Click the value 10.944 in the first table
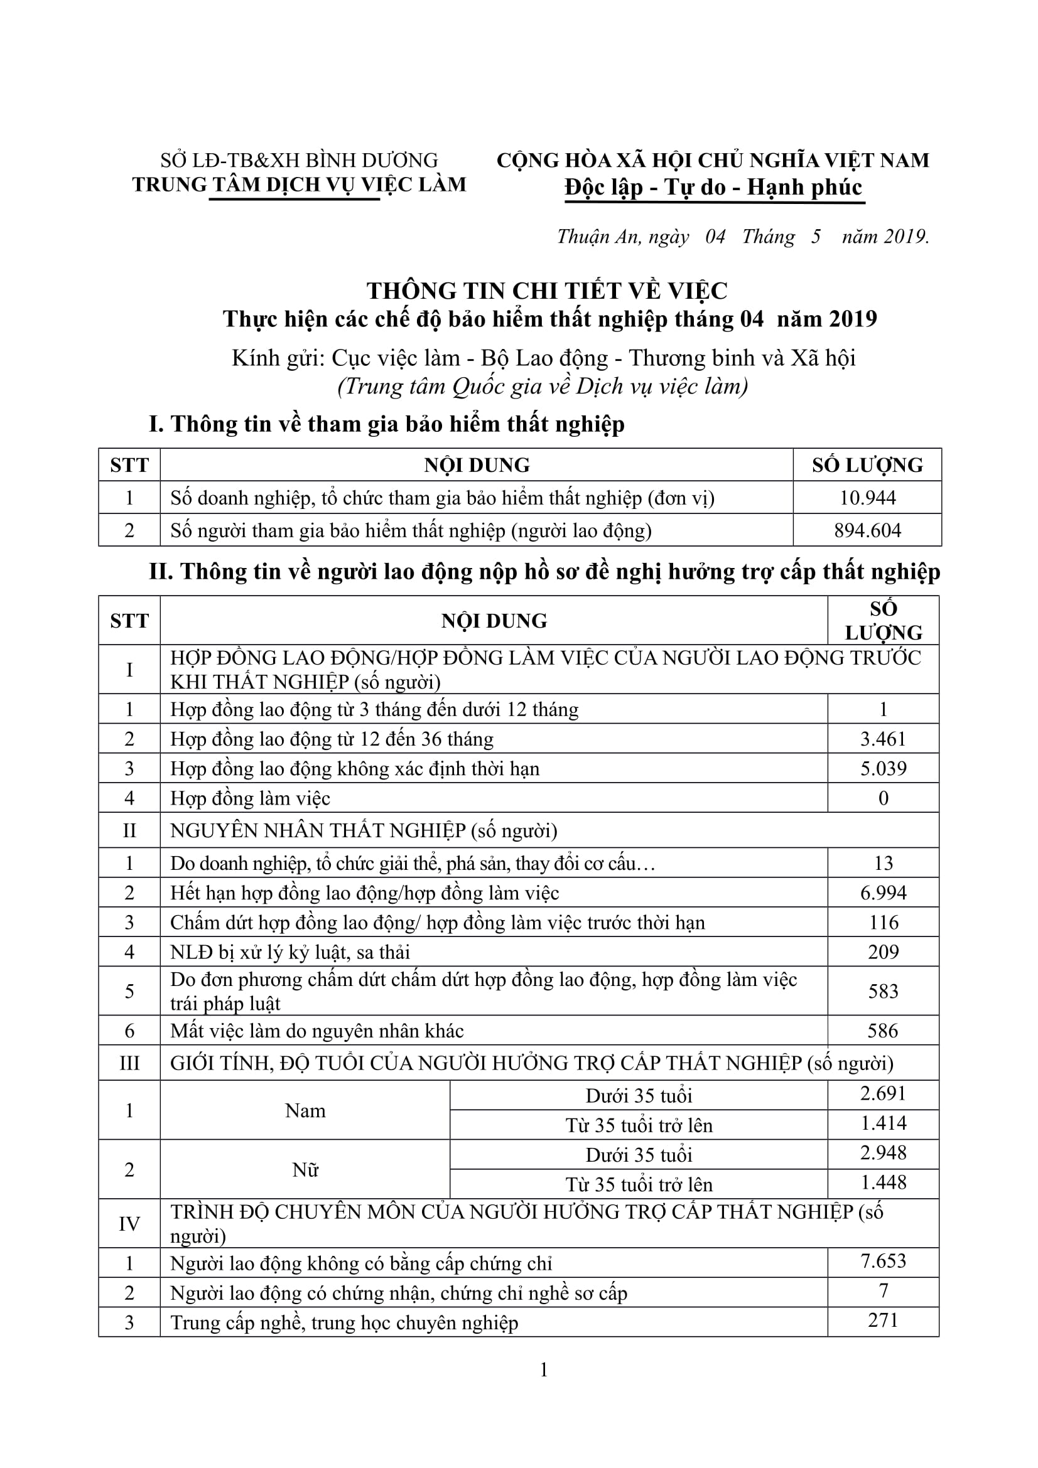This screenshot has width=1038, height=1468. (x=867, y=498)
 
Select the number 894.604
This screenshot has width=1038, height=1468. (x=867, y=530)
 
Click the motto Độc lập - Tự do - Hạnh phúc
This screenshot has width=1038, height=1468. (x=713, y=186)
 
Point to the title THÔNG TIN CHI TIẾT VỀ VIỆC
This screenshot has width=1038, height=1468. (x=547, y=291)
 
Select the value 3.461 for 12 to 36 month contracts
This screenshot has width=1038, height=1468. (x=884, y=739)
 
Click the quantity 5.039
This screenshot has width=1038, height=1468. (x=884, y=769)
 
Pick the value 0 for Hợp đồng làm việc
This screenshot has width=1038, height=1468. (x=884, y=798)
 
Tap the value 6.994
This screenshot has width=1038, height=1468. (x=884, y=892)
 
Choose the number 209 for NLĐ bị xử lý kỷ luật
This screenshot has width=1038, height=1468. (x=884, y=952)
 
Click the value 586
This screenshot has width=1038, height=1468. (x=884, y=1031)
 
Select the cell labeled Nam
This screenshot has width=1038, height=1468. (x=305, y=1111)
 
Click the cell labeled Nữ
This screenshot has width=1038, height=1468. (x=305, y=1170)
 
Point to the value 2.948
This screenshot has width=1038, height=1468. (x=884, y=1153)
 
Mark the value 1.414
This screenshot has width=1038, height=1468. (x=884, y=1123)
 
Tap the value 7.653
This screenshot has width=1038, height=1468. (x=884, y=1261)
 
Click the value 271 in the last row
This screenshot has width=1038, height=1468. (x=884, y=1321)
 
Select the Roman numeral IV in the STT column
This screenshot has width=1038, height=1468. (x=129, y=1224)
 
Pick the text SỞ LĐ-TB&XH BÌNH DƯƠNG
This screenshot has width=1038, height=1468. (x=299, y=160)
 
